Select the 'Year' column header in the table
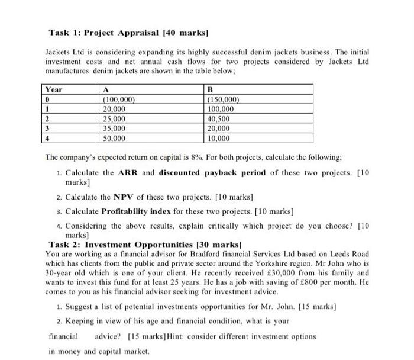[54, 90]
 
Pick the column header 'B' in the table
[211, 90]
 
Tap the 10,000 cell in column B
[221, 139]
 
